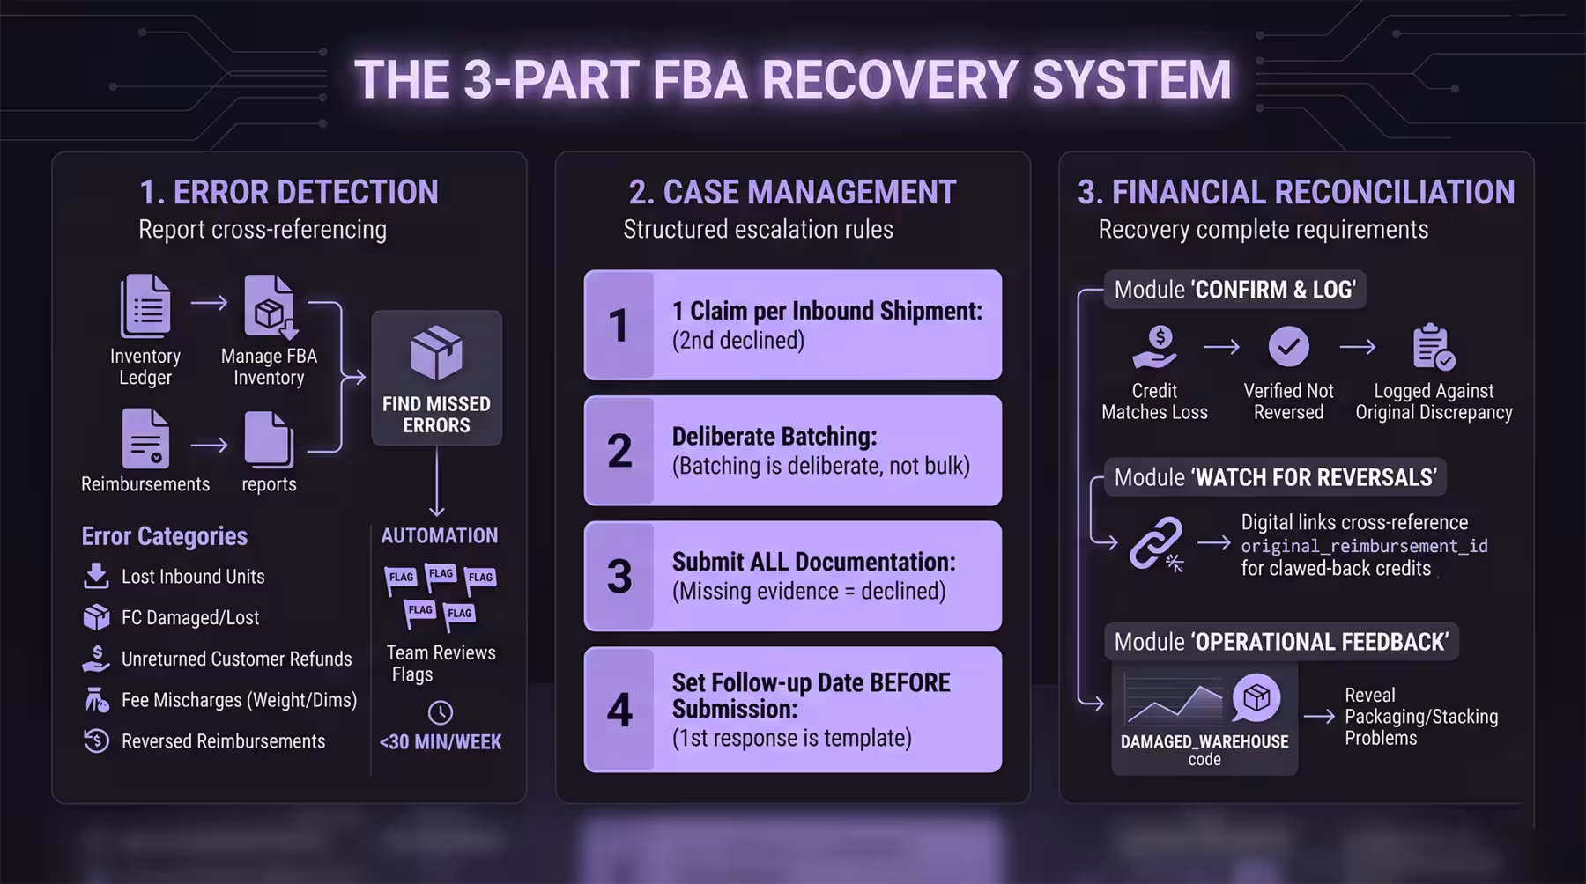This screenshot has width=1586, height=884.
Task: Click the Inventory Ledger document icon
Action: point(145,306)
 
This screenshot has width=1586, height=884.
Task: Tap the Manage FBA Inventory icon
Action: point(270,306)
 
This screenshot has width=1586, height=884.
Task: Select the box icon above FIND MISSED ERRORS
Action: point(436,353)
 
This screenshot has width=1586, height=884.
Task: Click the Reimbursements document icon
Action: point(145,438)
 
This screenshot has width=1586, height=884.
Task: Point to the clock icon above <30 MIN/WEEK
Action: point(441,712)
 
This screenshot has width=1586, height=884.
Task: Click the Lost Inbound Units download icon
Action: point(96,576)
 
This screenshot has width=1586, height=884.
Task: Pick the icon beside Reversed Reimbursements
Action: point(96,740)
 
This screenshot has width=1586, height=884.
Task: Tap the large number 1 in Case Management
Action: point(619,325)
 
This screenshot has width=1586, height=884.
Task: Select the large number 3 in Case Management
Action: point(619,576)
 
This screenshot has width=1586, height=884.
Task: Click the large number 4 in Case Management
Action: point(619,710)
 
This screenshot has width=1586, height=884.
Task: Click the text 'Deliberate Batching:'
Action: point(774,437)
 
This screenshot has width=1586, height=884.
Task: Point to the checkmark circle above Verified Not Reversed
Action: point(1288,346)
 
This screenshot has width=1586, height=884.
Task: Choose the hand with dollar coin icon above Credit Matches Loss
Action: point(1154,347)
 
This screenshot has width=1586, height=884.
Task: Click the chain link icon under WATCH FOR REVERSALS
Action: point(1156,543)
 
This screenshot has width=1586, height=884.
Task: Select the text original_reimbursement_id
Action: point(1364,546)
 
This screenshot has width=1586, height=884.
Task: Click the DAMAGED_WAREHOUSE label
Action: point(1204,741)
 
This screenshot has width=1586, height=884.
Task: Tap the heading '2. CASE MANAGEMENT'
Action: point(792,192)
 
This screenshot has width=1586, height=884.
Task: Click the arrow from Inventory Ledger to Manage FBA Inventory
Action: point(209,303)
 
